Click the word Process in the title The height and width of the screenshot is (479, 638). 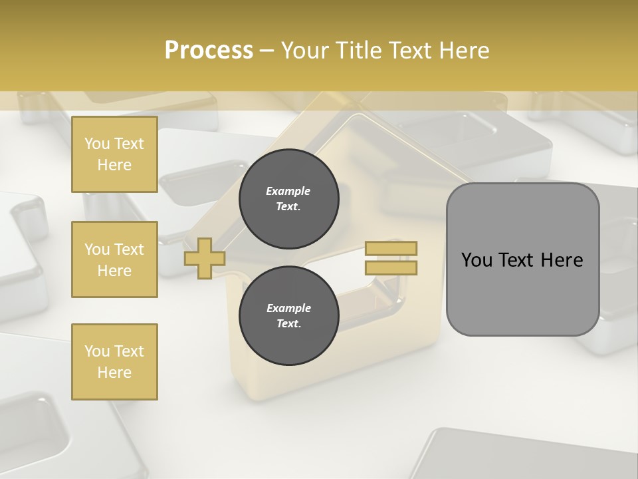click(x=209, y=50)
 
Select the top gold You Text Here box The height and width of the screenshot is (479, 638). click(x=114, y=154)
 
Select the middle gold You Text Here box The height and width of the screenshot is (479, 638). click(x=114, y=259)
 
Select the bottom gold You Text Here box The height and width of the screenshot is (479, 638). click(x=114, y=362)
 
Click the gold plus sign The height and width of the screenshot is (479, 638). click(x=205, y=259)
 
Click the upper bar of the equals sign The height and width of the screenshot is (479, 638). click(x=391, y=249)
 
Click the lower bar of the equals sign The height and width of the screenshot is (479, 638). click(x=391, y=268)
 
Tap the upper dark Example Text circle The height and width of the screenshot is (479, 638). click(x=289, y=199)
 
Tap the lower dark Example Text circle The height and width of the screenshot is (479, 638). click(x=289, y=315)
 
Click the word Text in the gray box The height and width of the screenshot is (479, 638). click(x=516, y=260)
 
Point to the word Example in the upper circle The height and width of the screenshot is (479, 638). click(x=288, y=191)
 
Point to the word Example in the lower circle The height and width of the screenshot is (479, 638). click(x=288, y=308)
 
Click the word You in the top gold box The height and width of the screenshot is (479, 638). click(x=97, y=144)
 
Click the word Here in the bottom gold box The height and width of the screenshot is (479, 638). click(x=114, y=373)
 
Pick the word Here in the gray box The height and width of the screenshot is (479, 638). click(x=562, y=260)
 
